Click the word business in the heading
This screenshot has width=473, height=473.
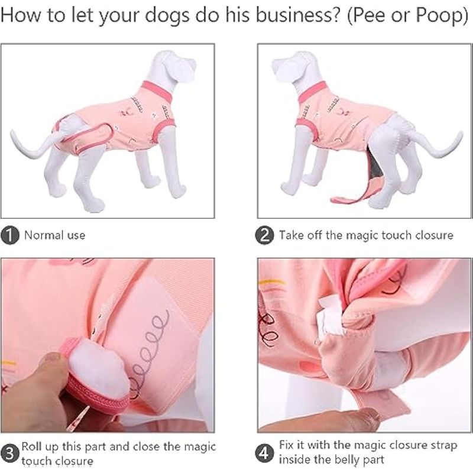(297, 15)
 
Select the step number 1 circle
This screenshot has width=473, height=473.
(9, 235)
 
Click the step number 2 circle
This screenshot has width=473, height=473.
(264, 235)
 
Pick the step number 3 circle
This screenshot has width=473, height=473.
(9, 453)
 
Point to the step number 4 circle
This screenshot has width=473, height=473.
(264, 453)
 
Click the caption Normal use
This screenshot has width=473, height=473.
(54, 235)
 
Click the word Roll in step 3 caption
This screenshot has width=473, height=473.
(32, 446)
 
